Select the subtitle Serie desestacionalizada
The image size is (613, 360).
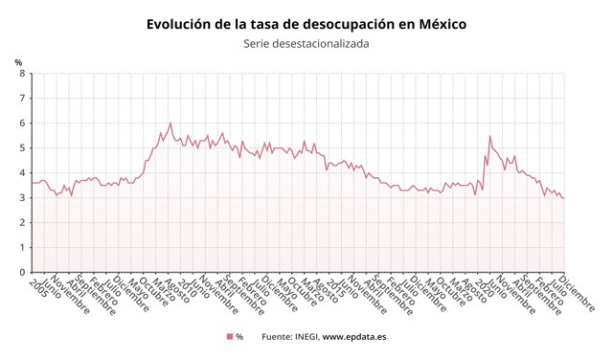point(306,43)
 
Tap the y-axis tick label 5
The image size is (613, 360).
point(21,148)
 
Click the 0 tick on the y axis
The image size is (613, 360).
point(21,272)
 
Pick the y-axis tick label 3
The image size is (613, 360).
point(21,198)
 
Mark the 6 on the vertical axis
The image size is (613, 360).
point(21,124)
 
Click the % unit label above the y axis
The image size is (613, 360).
point(18,62)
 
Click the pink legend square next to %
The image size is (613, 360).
point(230,337)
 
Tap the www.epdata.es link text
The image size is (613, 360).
point(354,337)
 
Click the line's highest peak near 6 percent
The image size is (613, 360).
point(170,123)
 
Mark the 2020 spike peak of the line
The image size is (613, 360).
point(490,136)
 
